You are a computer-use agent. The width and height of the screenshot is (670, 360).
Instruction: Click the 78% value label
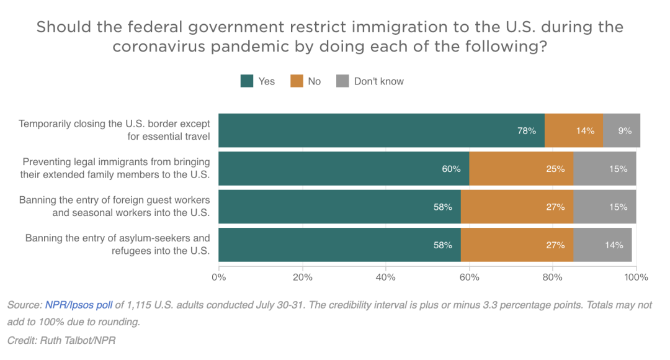point(527,131)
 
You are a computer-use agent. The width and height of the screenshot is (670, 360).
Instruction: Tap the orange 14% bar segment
point(573,131)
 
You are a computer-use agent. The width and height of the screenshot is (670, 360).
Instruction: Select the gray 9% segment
point(621,131)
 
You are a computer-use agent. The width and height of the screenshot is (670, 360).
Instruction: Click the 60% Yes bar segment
point(344,169)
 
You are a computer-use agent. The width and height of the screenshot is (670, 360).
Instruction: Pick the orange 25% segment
point(521,169)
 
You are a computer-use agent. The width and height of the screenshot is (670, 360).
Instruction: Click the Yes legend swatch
point(246,81)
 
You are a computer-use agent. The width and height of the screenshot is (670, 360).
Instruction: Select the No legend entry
point(306,81)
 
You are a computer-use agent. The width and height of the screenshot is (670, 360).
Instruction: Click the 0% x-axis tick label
point(219,277)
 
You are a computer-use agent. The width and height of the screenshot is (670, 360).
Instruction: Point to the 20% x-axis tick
point(302,277)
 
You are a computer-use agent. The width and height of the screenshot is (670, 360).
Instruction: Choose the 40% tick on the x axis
point(386,277)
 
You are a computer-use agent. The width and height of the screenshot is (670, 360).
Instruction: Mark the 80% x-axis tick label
point(553,277)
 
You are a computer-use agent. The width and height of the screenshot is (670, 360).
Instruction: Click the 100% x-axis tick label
point(636,277)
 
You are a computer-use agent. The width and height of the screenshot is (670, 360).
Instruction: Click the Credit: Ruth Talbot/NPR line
point(61,341)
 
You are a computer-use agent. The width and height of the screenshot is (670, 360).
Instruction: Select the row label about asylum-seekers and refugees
point(117,245)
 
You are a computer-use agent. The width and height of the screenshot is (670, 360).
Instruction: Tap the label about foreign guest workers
point(115,207)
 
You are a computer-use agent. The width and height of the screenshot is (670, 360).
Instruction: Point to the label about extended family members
point(115,169)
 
